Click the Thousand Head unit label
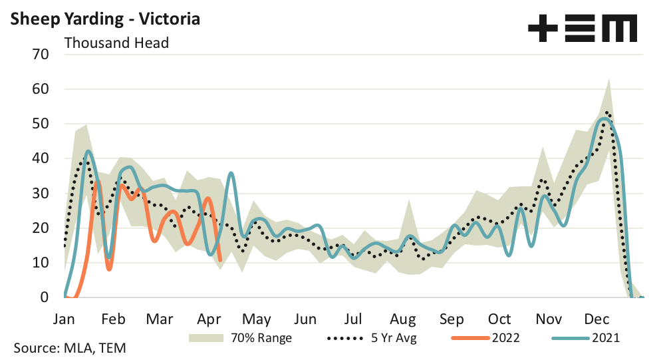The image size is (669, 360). pos(116,43)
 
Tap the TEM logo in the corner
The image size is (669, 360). pos(583,29)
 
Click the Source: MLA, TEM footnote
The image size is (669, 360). pos(69,348)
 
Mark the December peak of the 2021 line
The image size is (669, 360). pos(604,119)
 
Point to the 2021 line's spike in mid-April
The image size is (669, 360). pos(231,173)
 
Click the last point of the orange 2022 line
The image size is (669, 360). pos(220,260)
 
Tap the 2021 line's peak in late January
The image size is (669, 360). pos(88,151)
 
